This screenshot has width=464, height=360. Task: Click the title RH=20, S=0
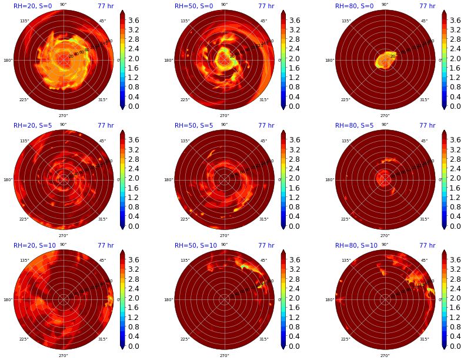click(32, 6)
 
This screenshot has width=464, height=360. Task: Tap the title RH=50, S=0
click(193, 6)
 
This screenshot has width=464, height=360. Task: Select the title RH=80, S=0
click(354, 6)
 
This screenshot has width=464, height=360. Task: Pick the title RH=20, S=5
click(32, 126)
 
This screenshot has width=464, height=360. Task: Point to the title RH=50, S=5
click(193, 126)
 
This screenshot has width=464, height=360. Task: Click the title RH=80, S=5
click(354, 126)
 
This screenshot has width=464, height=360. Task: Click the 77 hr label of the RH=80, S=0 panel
click(427, 6)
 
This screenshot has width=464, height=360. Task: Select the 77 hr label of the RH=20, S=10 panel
click(105, 246)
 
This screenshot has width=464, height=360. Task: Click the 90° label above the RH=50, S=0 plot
click(224, 5)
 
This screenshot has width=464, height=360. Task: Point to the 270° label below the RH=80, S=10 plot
click(385, 355)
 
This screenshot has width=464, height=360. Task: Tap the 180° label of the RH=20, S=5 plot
click(8, 180)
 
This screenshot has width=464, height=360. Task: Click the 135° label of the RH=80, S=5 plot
click(346, 141)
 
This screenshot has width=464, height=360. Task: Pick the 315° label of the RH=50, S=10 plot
click(263, 339)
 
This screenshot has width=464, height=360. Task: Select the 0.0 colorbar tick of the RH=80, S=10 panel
click(455, 346)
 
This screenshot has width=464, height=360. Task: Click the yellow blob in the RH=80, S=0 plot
click(385, 59)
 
